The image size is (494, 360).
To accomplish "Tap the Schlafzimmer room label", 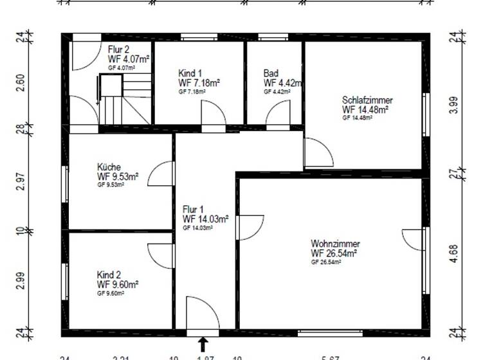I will coord(367,100).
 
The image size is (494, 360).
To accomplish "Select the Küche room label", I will coord(109,166).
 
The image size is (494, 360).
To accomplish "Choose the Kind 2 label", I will coord(109,274).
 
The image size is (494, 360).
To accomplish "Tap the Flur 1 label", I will coord(192,210).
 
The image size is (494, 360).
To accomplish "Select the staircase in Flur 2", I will coord(122,96).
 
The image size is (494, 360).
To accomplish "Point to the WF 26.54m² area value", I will coord(334,253).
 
